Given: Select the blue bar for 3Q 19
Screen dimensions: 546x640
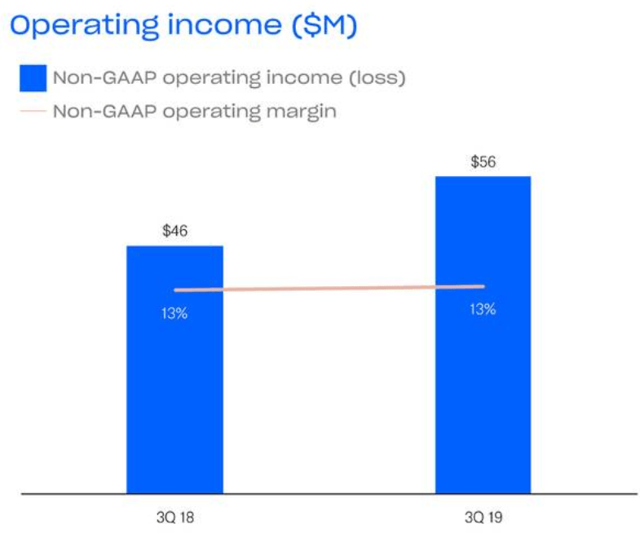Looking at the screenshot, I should tap(483, 383).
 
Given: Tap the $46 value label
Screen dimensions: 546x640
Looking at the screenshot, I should tap(174, 231).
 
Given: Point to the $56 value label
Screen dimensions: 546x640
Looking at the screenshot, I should tap(483, 161).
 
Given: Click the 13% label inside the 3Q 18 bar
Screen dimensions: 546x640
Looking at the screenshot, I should tap(174, 313).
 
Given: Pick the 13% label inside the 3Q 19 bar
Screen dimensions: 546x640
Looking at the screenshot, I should tap(483, 310).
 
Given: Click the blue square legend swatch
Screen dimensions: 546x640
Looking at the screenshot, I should tap(33, 78).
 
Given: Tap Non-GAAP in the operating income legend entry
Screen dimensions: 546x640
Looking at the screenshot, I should tap(97, 78).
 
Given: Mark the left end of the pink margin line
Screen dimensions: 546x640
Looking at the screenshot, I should tap(176, 290).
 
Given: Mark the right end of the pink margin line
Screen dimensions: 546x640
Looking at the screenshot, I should tap(483, 286).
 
